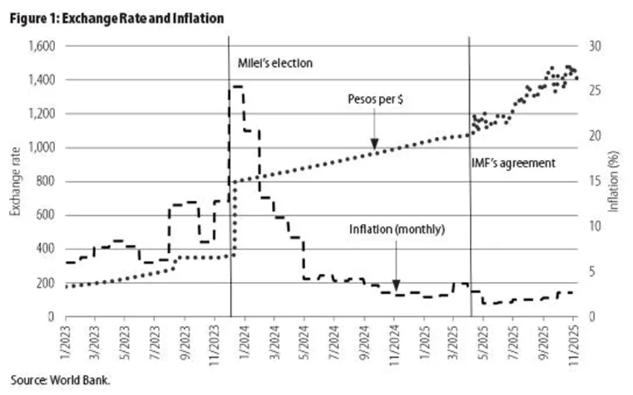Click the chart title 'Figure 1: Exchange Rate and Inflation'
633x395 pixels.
[x=117, y=18]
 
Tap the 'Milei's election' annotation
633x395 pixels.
[x=275, y=63]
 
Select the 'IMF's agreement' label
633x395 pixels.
[x=514, y=163]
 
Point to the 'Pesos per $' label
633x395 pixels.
[x=375, y=99]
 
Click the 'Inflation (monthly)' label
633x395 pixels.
[x=397, y=229]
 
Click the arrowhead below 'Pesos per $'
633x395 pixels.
[x=375, y=144]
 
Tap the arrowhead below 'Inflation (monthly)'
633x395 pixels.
[x=396, y=285]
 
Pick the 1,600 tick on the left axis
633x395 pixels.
[x=42, y=46]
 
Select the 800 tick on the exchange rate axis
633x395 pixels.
[x=45, y=182]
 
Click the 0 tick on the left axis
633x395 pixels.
[x=51, y=317]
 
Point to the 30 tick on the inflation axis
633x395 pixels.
[x=595, y=46]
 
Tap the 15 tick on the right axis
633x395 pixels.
[x=595, y=182]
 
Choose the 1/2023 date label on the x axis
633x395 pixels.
[x=66, y=341]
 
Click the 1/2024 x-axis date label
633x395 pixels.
[x=245, y=341]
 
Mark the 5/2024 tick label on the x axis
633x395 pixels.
[x=305, y=341]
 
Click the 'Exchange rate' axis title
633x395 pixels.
[x=16, y=182]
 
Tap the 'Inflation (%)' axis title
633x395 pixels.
[x=613, y=182]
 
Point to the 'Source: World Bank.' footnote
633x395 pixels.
[x=60, y=379]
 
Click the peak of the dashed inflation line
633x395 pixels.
[x=236, y=86]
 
